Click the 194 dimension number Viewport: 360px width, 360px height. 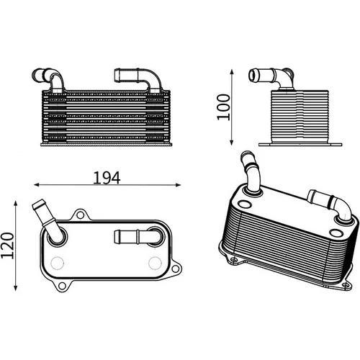107,178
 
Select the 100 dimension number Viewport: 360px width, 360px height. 223,107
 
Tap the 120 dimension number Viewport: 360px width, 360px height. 8,246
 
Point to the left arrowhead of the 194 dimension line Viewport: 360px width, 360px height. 37,184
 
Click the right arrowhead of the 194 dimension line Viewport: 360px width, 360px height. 178,184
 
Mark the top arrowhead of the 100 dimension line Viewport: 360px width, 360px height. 232,72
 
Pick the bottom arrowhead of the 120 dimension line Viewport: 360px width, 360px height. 16,287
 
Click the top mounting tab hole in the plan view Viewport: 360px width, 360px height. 80,215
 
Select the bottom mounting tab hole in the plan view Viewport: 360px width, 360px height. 62,286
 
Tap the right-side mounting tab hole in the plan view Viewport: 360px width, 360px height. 176,268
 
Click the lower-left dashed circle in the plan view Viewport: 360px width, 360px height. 58,263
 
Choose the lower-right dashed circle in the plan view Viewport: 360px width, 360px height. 155,263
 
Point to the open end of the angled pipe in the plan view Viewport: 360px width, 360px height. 38,204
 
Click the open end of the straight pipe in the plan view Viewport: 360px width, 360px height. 116,237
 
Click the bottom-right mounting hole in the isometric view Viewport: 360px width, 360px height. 346,285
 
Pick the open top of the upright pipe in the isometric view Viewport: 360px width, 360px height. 246,155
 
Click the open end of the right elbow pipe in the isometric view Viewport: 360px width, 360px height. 312,195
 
